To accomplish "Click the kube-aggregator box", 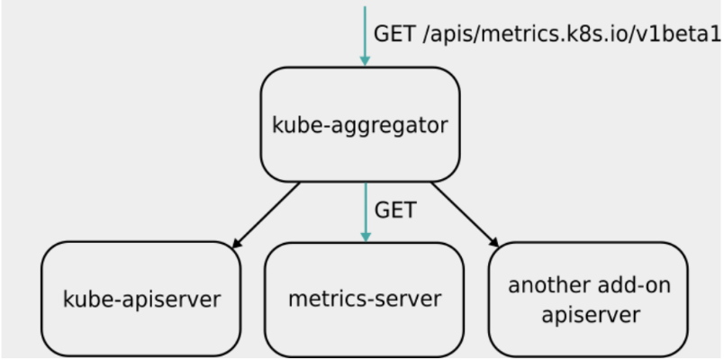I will pos(359,124).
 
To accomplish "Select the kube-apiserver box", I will pos(141,298).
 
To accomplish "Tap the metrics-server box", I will pos(365,298).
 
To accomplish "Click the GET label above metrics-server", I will pos(395,211).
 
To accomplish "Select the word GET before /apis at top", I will pos(394,33).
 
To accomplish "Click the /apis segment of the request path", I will pos(447,34).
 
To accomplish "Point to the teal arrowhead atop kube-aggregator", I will pos(365,59).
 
